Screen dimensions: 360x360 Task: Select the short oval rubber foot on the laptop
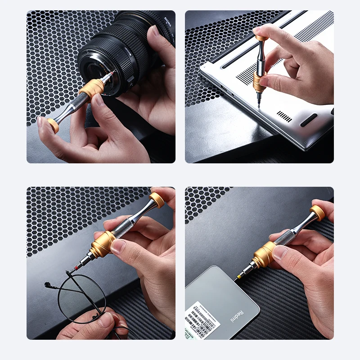click(x=309, y=120)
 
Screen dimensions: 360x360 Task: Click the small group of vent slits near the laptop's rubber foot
click(x=284, y=116)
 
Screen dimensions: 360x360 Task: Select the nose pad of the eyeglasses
click(x=47, y=285)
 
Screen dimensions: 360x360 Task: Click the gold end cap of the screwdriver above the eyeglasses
click(x=157, y=200)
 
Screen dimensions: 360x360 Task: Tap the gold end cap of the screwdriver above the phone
click(x=317, y=212)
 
